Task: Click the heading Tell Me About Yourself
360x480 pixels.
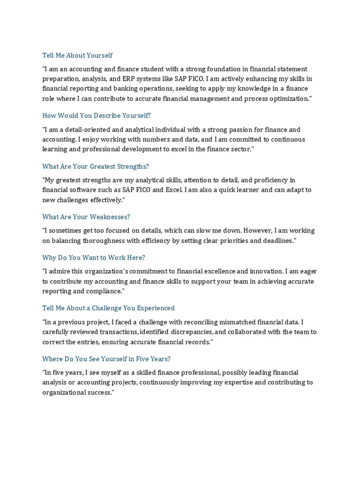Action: click(77, 55)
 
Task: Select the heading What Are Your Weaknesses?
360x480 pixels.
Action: click(86, 217)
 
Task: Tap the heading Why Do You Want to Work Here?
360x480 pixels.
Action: click(94, 257)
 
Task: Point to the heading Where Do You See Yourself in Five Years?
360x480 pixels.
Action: click(106, 359)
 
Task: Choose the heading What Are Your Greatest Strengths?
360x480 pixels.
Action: click(96, 166)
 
